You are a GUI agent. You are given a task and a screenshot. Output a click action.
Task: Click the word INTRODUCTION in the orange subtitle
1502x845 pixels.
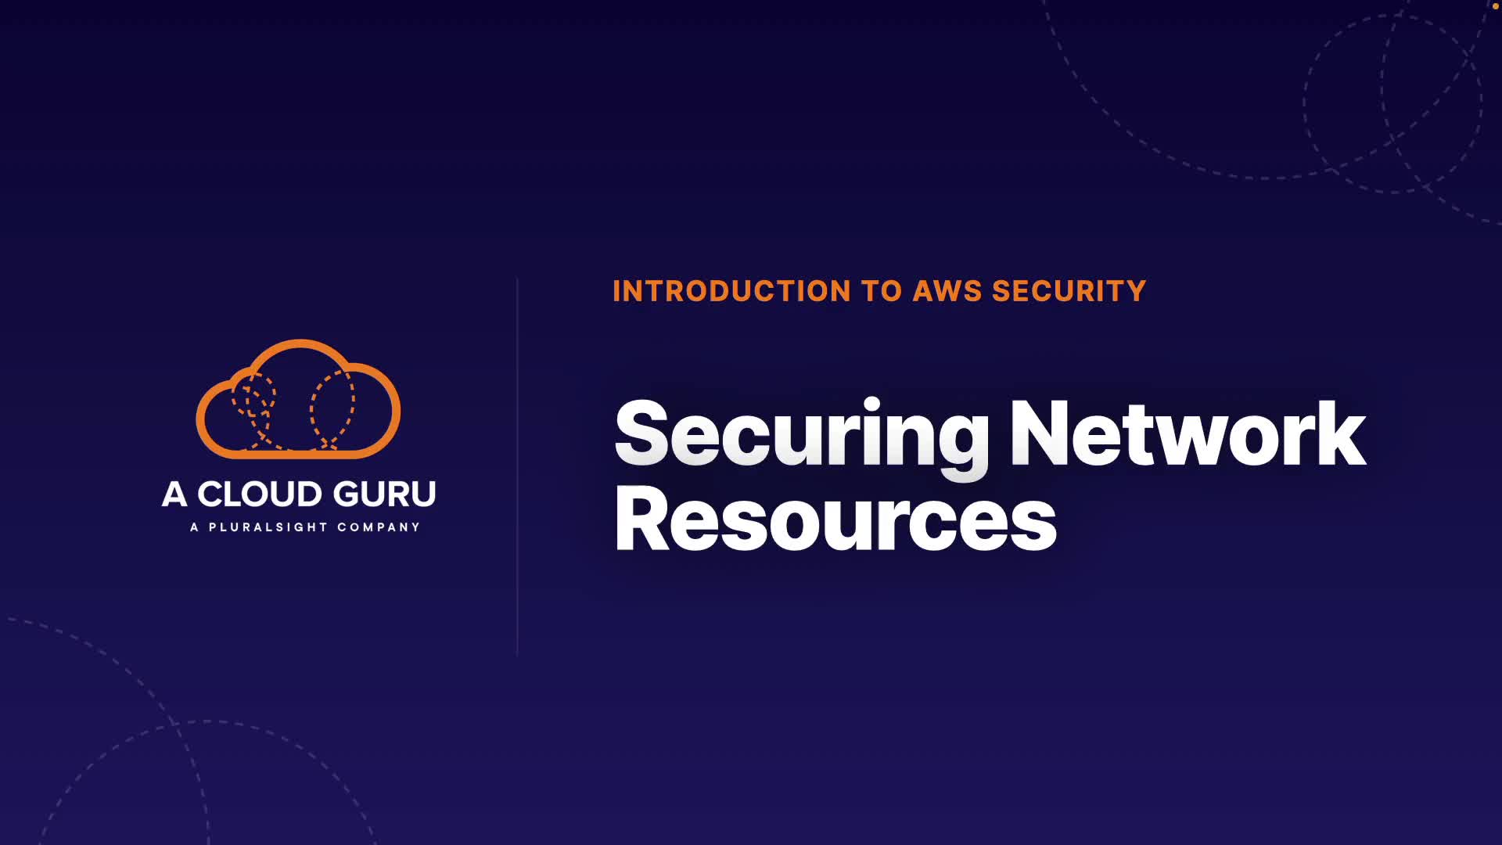coord(731,291)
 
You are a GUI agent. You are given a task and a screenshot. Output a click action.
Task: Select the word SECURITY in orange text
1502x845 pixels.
coord(1069,291)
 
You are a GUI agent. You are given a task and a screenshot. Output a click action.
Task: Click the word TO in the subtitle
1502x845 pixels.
coord(882,291)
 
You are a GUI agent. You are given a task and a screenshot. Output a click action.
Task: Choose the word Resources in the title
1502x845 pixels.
coord(835,519)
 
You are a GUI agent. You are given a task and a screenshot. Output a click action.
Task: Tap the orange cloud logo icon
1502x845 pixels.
coord(298,399)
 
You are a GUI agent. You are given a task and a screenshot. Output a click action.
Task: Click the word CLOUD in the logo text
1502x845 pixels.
coord(259,494)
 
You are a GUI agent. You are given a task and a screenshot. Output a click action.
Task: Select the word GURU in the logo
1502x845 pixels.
coord(384,494)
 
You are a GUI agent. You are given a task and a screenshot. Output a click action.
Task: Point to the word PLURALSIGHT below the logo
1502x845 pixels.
coord(268,527)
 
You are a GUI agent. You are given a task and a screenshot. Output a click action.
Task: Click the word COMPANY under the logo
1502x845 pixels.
coord(379,527)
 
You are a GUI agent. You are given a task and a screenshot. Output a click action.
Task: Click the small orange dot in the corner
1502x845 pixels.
coord(1495,5)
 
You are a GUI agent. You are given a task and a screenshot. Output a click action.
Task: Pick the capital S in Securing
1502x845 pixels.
coord(644,433)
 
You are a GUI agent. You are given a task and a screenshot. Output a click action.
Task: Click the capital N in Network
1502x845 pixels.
coord(1040,433)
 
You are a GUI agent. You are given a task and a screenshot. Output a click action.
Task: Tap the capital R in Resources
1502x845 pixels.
coord(642,517)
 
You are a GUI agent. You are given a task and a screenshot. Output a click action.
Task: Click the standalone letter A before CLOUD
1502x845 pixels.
coord(174,494)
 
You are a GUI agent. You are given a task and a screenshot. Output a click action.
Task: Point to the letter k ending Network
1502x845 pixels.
coord(1341,433)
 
